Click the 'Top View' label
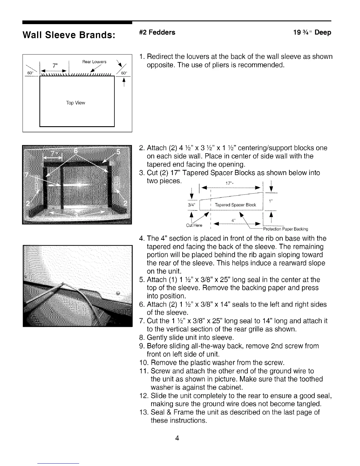click(x=76, y=103)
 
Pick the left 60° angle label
click(x=29, y=73)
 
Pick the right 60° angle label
click(x=122, y=73)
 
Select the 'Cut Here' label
click(x=194, y=226)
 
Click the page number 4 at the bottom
click(x=177, y=438)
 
